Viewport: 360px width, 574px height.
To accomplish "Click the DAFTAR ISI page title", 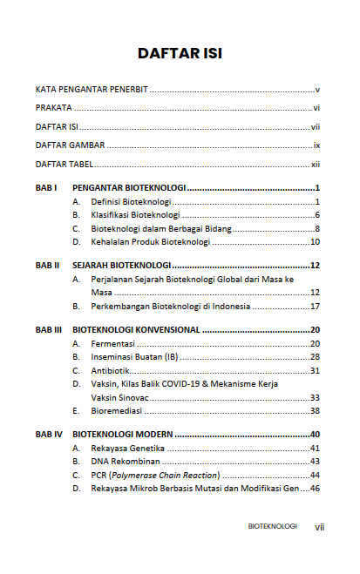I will (180, 53).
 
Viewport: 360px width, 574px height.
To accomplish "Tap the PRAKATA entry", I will (54, 108).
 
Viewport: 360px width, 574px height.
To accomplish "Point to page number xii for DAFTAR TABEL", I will (316, 165).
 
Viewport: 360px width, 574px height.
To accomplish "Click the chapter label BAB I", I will (46, 188).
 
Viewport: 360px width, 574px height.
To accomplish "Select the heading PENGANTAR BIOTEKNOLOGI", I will (129, 188).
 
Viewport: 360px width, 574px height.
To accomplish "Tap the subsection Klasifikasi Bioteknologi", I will (135, 215).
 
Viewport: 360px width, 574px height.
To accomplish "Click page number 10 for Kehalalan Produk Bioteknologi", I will (316, 242).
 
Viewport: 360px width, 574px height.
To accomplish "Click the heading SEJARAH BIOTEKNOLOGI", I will (123, 265).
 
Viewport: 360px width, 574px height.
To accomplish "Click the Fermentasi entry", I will (113, 344).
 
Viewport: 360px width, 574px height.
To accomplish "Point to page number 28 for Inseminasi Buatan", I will (316, 357).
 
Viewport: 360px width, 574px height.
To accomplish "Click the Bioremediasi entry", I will (119, 410).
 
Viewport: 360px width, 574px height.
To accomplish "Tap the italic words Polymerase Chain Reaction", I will (166, 476).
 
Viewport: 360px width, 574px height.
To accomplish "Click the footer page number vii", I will (319, 527).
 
